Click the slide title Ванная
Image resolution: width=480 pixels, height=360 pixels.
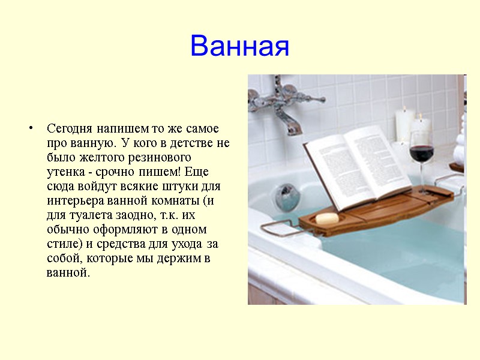coord(239,46)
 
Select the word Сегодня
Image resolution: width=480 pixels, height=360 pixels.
coord(68,129)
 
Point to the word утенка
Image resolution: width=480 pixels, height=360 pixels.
coord(65,172)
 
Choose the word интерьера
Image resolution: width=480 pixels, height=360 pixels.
coord(76,201)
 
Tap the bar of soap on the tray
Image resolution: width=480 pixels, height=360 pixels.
coord(327,218)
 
